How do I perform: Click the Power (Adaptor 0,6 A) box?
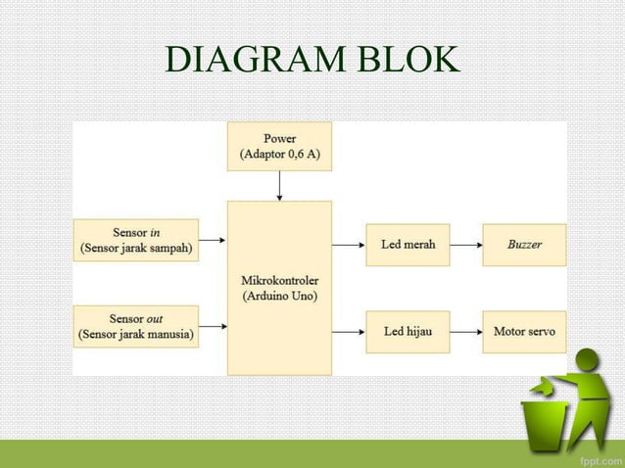(279, 146)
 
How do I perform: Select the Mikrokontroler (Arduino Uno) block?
(279, 288)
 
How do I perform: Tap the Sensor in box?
(136, 241)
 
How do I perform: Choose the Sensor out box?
(136, 327)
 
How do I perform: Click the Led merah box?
(408, 244)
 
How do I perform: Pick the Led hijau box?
(408, 332)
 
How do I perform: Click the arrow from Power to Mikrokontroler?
(279, 185)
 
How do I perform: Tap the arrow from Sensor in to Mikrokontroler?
(213, 241)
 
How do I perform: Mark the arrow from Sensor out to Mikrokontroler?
(213, 327)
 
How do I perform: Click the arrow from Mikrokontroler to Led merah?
(347, 244)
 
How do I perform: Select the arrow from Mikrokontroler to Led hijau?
(347, 332)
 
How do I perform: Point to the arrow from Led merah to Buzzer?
(465, 244)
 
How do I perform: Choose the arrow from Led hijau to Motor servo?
(465, 332)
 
